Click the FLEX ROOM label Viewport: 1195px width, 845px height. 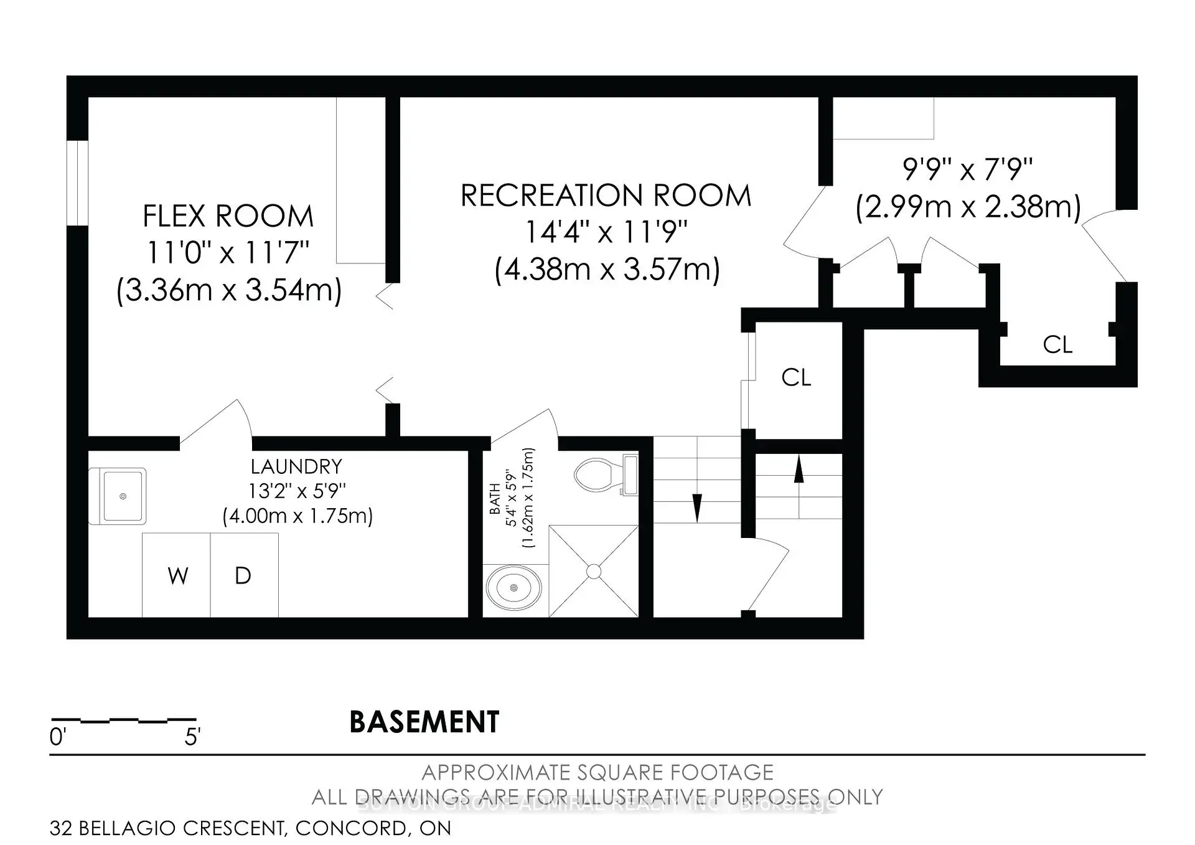[228, 217]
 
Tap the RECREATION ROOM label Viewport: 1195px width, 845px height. [606, 196]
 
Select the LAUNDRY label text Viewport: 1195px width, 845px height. [296, 466]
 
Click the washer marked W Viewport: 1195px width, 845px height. [177, 576]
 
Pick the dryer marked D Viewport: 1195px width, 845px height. [243, 576]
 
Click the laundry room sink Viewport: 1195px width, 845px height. [123, 496]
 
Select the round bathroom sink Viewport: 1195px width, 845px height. [513, 588]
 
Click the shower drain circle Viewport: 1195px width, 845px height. [594, 571]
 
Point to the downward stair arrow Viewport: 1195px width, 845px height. [697, 507]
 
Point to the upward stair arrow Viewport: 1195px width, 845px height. [799, 469]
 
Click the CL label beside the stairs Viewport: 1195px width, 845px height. [796, 377]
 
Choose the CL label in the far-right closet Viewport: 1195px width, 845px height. [1057, 344]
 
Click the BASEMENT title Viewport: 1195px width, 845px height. [424, 722]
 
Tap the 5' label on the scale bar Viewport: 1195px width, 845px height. [192, 737]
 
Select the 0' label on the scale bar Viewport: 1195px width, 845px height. [57, 737]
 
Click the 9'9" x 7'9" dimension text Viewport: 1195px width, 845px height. [967, 169]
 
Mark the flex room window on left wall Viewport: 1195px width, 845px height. [77, 183]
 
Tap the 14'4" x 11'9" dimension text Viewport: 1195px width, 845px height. [606, 233]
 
